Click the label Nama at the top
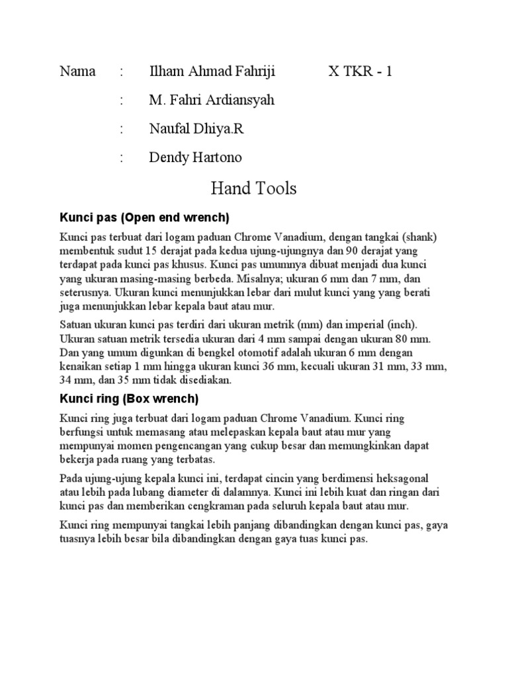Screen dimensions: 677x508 pos(77,71)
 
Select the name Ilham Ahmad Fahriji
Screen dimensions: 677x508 pos(212,71)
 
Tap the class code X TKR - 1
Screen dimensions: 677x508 pos(360,71)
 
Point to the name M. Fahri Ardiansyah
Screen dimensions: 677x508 pos(212,100)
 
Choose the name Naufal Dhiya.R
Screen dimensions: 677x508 pos(196,129)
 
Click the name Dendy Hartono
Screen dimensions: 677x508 pos(196,157)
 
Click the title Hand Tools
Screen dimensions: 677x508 pos(254,189)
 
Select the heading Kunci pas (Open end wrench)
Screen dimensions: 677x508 pos(144,218)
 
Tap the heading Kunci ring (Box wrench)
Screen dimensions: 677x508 pos(129,399)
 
